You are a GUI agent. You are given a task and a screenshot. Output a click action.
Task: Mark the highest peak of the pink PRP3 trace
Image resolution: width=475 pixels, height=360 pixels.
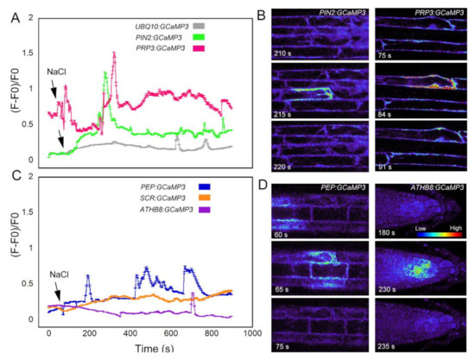tap(114, 54)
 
